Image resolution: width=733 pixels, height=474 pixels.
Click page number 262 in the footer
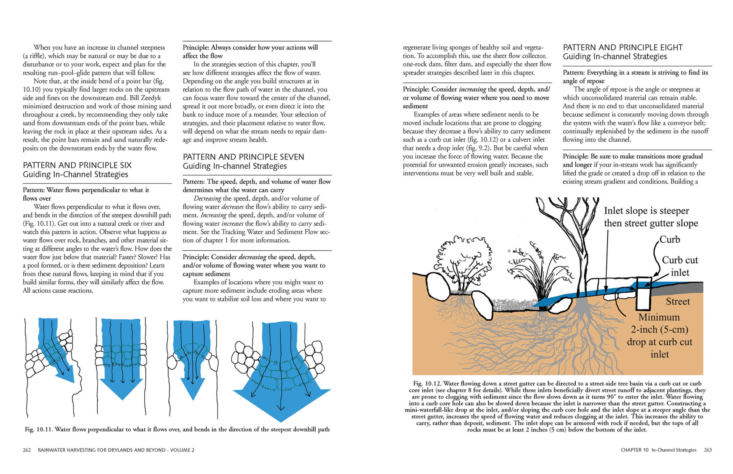pyautogui.click(x=27, y=450)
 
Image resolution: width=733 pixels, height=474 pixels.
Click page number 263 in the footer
pyautogui.click(x=708, y=450)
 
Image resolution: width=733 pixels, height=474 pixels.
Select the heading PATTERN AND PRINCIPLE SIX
pyautogui.click(x=77, y=165)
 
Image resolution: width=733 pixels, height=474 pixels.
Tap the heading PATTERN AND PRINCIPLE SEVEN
pyautogui.click(x=243, y=157)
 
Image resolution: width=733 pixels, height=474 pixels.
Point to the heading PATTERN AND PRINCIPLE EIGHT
pyautogui.click(x=623, y=47)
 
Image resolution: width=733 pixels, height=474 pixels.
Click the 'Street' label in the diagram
pyautogui.click(x=678, y=301)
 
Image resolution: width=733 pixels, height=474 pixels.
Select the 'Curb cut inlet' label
pyautogui.click(x=680, y=266)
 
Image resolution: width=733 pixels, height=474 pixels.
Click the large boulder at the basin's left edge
pyautogui.click(x=438, y=285)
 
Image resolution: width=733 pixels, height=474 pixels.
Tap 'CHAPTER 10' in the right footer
pyautogui.click(x=635, y=450)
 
